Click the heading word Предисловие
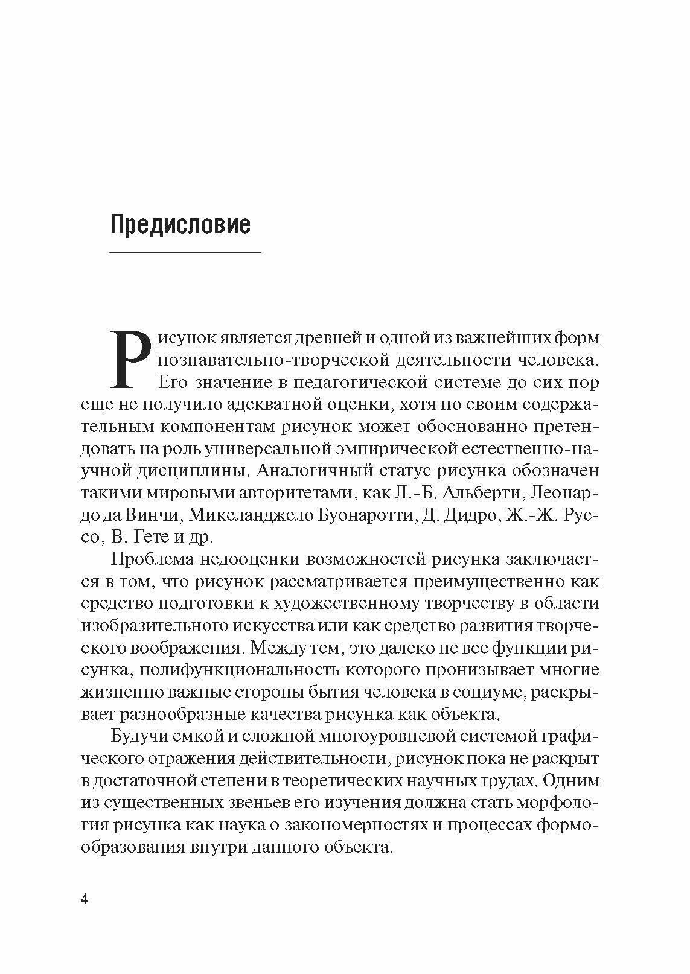tap(180, 224)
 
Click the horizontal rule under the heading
tap(185, 252)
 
